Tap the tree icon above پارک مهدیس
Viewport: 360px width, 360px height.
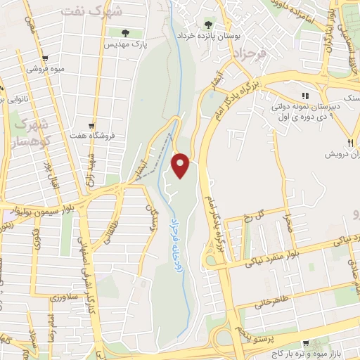(125, 32)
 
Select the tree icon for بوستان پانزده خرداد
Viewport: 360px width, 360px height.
(207, 24)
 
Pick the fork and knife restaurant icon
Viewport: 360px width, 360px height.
(329, 140)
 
